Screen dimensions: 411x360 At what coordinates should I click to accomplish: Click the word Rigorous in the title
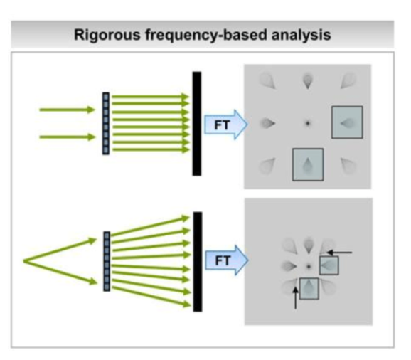click(x=107, y=35)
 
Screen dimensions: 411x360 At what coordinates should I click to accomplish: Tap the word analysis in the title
click(x=301, y=35)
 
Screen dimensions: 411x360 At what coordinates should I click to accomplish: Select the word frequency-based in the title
click(x=206, y=35)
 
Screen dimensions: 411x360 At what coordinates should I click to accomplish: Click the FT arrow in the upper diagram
click(x=225, y=125)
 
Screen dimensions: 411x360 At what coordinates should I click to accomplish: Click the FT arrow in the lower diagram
click(x=226, y=260)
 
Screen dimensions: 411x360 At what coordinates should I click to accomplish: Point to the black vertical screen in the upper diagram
click(x=197, y=124)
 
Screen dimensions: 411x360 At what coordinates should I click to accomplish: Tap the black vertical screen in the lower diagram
click(x=198, y=262)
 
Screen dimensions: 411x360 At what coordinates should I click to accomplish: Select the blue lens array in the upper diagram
click(x=106, y=124)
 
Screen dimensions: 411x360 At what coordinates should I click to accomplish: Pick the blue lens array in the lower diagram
click(x=107, y=261)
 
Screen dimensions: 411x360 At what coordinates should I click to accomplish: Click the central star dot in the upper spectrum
click(x=307, y=123)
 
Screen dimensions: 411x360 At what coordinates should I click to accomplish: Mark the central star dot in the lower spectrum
click(x=309, y=267)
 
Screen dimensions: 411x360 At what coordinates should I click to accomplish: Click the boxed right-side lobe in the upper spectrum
click(x=347, y=122)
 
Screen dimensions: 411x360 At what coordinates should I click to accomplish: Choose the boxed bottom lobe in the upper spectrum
click(x=308, y=164)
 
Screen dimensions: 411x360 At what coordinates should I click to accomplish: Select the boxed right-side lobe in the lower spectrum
click(x=329, y=265)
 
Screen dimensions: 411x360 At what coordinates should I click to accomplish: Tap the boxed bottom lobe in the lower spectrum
click(x=309, y=288)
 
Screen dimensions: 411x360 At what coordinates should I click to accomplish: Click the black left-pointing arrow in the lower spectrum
click(x=339, y=253)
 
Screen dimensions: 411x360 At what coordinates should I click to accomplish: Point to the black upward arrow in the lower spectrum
click(x=295, y=298)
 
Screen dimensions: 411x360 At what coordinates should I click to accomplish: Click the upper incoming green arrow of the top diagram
click(x=67, y=110)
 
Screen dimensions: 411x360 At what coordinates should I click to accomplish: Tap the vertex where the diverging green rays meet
click(x=24, y=261)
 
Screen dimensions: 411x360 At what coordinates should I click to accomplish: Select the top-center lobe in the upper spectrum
click(x=308, y=81)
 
